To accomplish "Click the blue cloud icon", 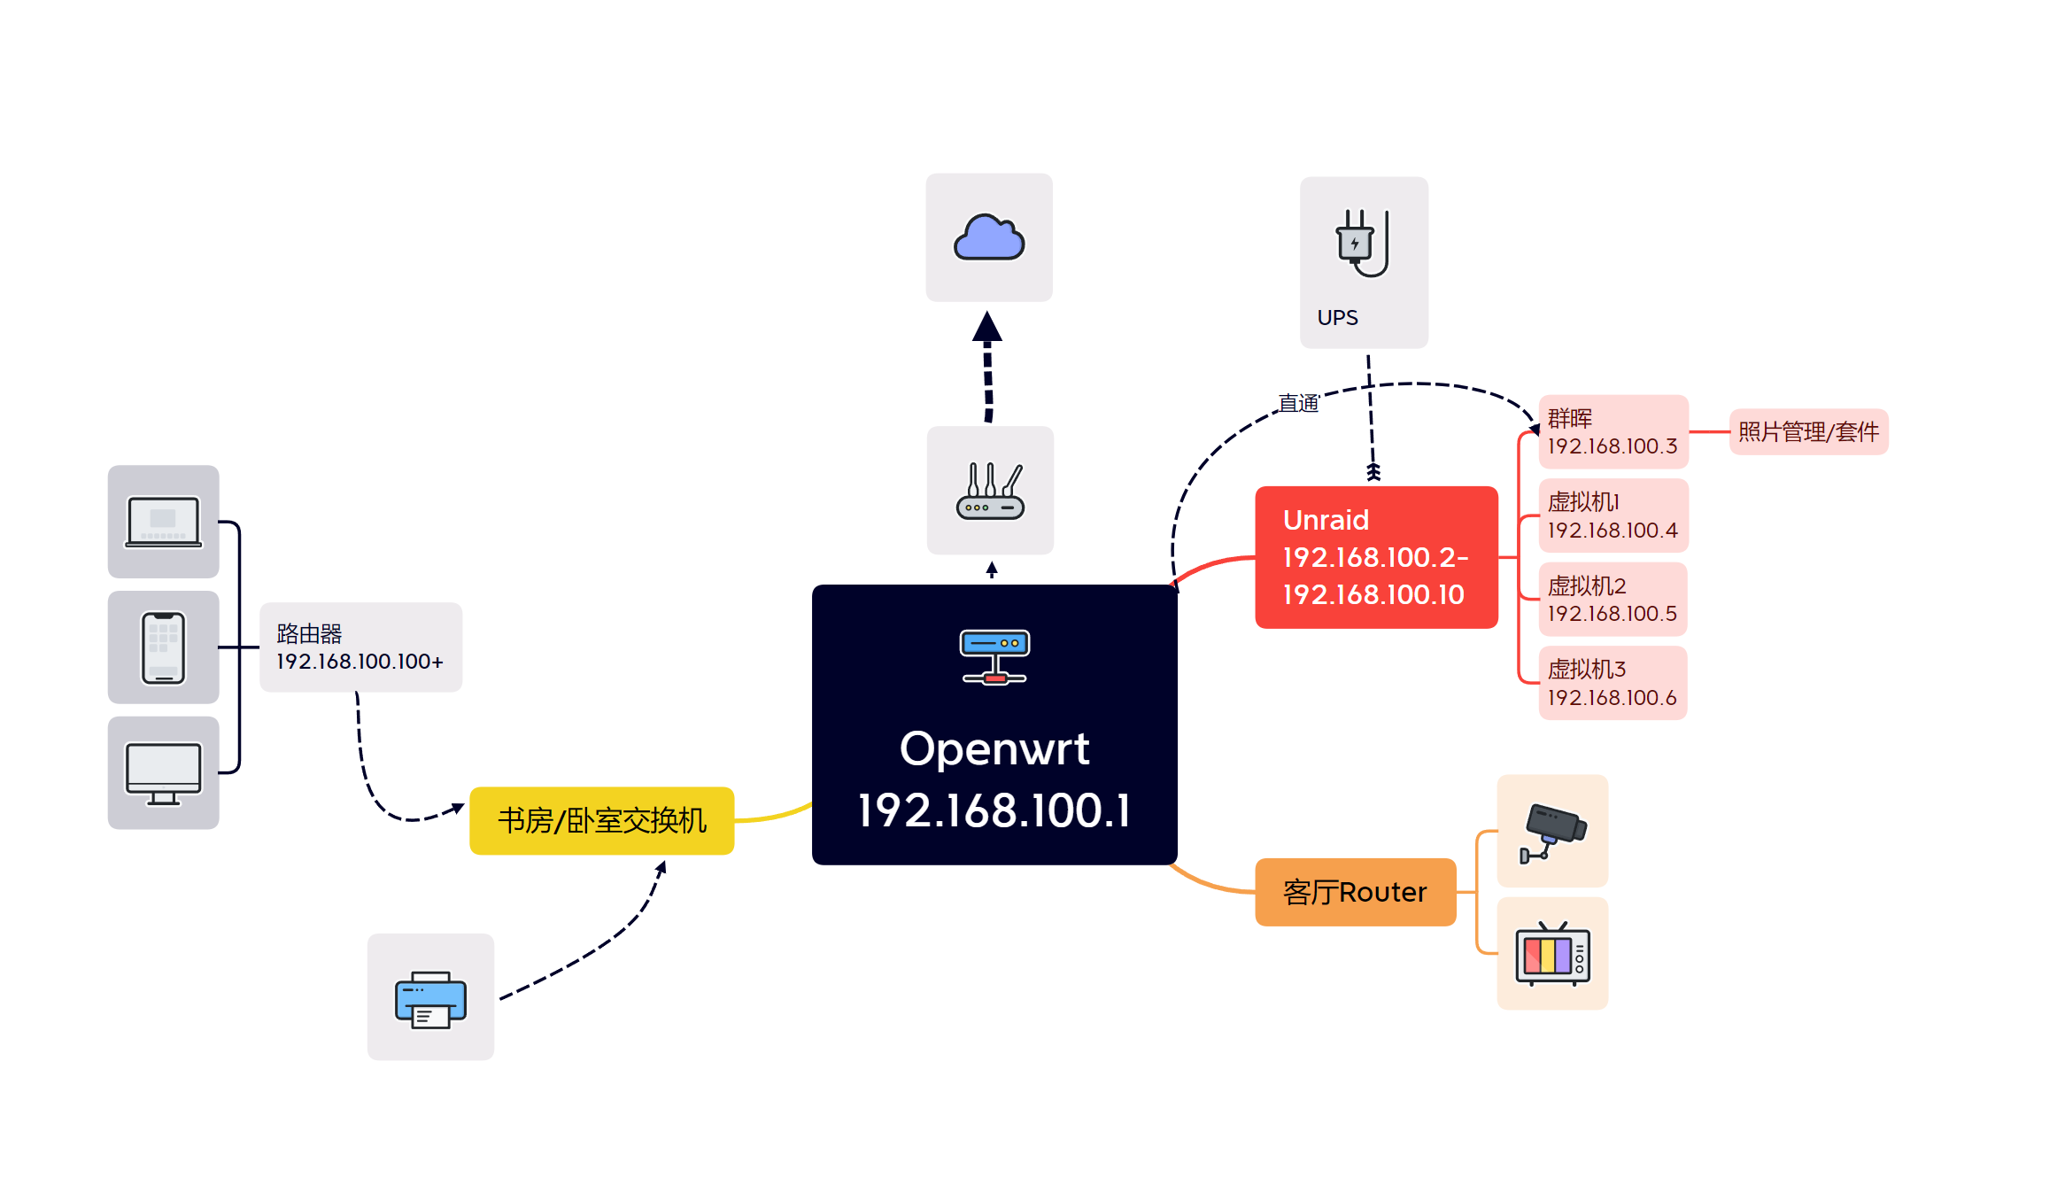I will coord(989,237).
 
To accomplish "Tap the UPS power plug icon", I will coord(1362,243).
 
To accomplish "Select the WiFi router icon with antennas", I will coord(990,492).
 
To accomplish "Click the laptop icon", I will coord(163,522).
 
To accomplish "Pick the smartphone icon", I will coord(164,647).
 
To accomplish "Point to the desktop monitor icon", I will coord(164,773).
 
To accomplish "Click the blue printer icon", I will coord(430,999).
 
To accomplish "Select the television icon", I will coord(1552,955).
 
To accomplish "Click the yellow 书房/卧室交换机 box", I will coord(601,821).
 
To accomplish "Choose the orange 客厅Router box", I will coord(1355,892).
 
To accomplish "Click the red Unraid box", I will coord(1376,557).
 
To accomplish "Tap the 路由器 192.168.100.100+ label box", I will coord(360,647).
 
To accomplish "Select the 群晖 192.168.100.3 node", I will coord(1613,431).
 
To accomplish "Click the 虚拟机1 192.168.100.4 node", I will coord(1613,515).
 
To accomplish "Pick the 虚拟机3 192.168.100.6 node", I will coord(1613,683).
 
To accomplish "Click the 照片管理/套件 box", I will coord(1808,432).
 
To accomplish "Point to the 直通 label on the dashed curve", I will coord(1298,404).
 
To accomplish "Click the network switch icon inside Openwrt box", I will coord(994,656).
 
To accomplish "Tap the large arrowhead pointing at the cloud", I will coord(987,327).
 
